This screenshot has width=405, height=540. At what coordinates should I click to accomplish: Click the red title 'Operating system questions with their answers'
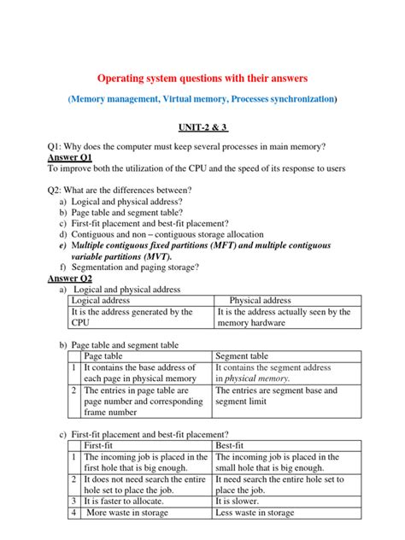[202, 78]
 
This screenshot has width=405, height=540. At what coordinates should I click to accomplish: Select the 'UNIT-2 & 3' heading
[202, 126]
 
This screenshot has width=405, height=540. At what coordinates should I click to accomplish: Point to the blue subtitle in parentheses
[202, 100]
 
